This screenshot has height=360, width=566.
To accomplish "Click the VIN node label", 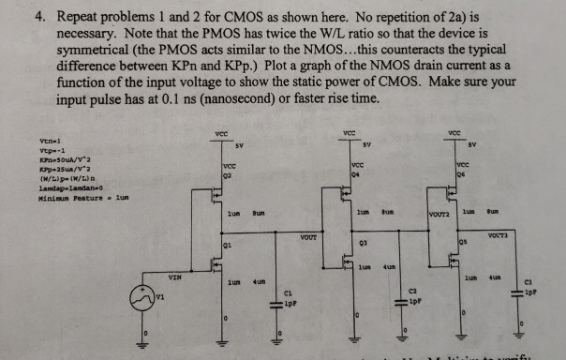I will [174, 277].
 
